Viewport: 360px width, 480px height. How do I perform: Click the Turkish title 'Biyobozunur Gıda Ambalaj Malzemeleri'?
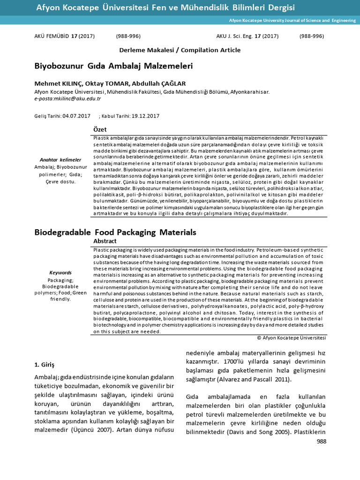[113, 66]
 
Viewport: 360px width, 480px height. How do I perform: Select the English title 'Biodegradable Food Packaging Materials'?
[115, 232]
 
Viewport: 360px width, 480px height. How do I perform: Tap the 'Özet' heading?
[100, 129]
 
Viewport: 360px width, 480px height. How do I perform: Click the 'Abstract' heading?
[105, 240]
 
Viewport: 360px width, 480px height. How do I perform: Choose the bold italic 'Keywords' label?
[60, 273]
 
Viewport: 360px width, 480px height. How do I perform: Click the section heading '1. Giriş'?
[45, 364]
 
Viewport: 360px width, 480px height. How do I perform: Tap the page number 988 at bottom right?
[321, 441]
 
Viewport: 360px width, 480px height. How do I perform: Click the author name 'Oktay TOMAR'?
[103, 83]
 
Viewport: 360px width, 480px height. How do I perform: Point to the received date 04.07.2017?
[76, 115]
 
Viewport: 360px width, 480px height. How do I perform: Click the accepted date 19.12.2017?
[146, 115]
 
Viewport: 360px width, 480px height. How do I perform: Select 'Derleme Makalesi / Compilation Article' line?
[180, 50]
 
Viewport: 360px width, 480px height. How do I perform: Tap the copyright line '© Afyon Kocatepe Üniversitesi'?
[292, 337]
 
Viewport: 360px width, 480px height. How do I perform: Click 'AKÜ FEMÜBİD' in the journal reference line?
[52, 36]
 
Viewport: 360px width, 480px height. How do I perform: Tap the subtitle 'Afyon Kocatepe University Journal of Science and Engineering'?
[292, 21]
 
